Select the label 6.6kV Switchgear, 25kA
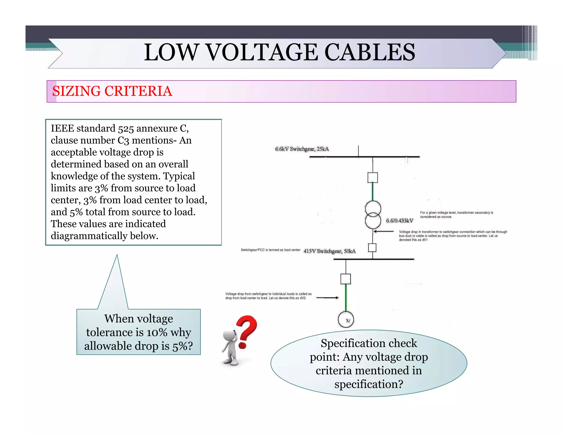tap(302, 149)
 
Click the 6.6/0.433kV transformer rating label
tap(399, 221)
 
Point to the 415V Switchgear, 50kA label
tap(329, 251)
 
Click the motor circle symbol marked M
tap(346, 320)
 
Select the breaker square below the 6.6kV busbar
tap(372, 178)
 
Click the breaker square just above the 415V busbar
tap(372, 247)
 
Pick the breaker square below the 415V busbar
tap(346, 279)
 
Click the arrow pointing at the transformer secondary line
tap(384, 232)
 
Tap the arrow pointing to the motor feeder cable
tap(328, 298)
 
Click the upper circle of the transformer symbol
tap(373, 209)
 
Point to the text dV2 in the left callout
tap(302, 298)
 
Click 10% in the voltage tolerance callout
tap(157, 332)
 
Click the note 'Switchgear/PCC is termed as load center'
tap(270, 250)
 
